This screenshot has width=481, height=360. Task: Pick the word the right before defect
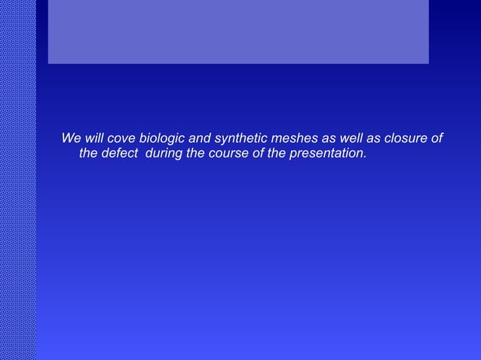tap(88, 154)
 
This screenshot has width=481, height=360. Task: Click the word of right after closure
tap(436, 139)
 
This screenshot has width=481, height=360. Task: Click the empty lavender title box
tap(238, 32)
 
